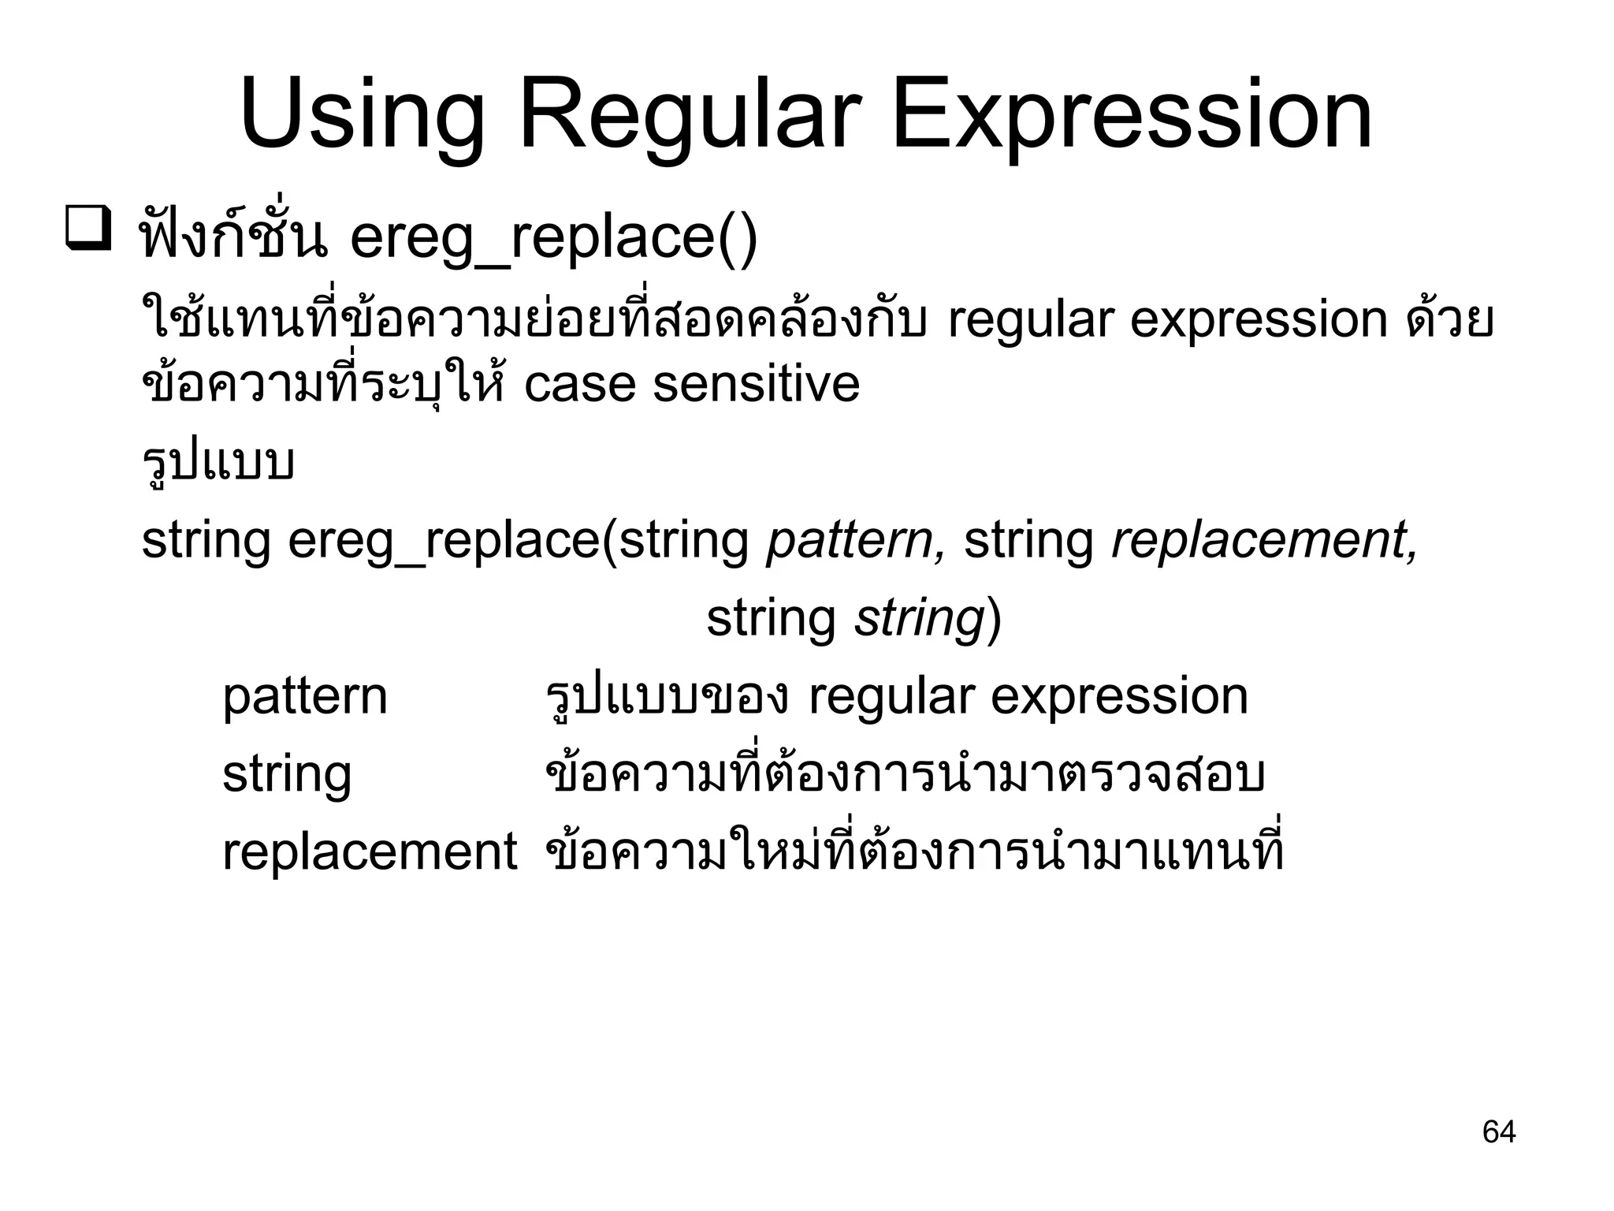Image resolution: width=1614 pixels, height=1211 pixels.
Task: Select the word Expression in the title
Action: [1131, 115]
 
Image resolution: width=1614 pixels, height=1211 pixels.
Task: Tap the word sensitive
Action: [756, 384]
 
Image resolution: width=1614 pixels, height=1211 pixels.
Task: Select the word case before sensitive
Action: [579, 384]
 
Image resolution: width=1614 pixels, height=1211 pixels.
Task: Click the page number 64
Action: [1498, 1132]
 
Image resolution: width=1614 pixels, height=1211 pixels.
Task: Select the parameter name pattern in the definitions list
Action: [304, 697]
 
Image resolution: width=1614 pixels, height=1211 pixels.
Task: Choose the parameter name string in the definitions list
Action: [286, 776]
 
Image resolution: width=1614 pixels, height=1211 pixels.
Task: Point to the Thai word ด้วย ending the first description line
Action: [1449, 319]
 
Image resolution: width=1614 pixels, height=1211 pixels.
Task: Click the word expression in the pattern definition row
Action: [1119, 697]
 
